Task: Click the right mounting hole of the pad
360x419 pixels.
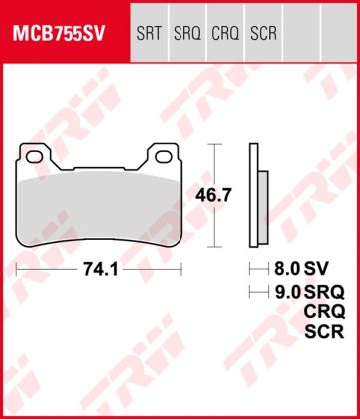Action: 163,154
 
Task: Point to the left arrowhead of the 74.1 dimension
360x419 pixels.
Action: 20,269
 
